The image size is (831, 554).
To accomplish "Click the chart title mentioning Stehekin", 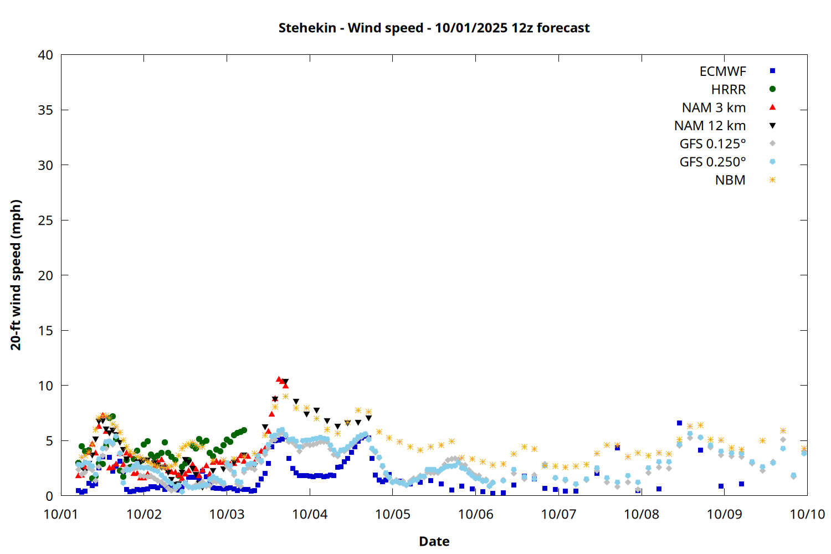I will [434, 28].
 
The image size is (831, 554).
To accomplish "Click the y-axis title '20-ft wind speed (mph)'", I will [16, 275].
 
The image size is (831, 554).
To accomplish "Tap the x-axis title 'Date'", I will [434, 541].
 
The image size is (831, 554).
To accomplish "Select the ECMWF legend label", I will [722, 71].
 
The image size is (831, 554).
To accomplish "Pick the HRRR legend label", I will [729, 90].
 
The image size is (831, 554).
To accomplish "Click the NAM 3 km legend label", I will [714, 107].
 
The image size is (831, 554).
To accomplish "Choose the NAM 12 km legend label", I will [710, 126].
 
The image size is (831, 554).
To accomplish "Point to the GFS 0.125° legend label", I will [712, 144].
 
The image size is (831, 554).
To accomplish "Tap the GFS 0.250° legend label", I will [712, 162].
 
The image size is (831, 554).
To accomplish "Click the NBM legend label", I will [730, 180].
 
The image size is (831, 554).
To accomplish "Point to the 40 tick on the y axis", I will [45, 55].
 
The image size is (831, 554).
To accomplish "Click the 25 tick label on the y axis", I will [45, 220].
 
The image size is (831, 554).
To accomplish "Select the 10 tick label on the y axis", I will [45, 386].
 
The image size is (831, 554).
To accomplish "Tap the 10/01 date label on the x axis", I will [61, 514].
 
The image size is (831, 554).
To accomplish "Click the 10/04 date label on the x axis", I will [310, 514].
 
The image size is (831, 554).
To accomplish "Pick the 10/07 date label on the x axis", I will [558, 514].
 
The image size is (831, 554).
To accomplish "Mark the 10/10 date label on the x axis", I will [807, 514].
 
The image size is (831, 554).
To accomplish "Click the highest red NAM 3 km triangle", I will [279, 379].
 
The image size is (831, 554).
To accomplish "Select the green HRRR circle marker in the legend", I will [772, 89].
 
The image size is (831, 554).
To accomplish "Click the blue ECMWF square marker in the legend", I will [772, 71].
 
